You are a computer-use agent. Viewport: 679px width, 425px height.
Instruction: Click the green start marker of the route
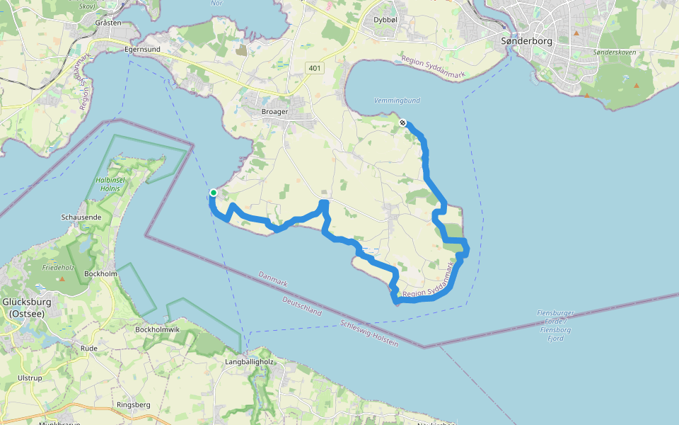click(214, 192)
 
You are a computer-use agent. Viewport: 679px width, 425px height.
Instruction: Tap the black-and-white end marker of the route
click(402, 123)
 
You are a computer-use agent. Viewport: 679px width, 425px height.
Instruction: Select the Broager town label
click(274, 112)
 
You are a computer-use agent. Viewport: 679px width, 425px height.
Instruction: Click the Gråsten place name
click(108, 23)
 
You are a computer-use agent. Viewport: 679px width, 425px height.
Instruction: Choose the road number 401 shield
click(315, 67)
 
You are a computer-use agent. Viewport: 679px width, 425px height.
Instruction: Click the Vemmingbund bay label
click(397, 101)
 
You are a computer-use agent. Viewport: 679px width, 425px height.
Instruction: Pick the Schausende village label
click(81, 217)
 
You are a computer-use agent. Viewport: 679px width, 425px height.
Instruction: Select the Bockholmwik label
click(158, 329)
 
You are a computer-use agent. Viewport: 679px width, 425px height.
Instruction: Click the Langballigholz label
click(248, 362)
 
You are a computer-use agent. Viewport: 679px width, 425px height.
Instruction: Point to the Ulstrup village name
click(30, 378)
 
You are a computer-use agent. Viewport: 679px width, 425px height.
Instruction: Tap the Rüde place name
click(89, 348)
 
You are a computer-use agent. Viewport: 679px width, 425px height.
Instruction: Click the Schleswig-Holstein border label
click(369, 333)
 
